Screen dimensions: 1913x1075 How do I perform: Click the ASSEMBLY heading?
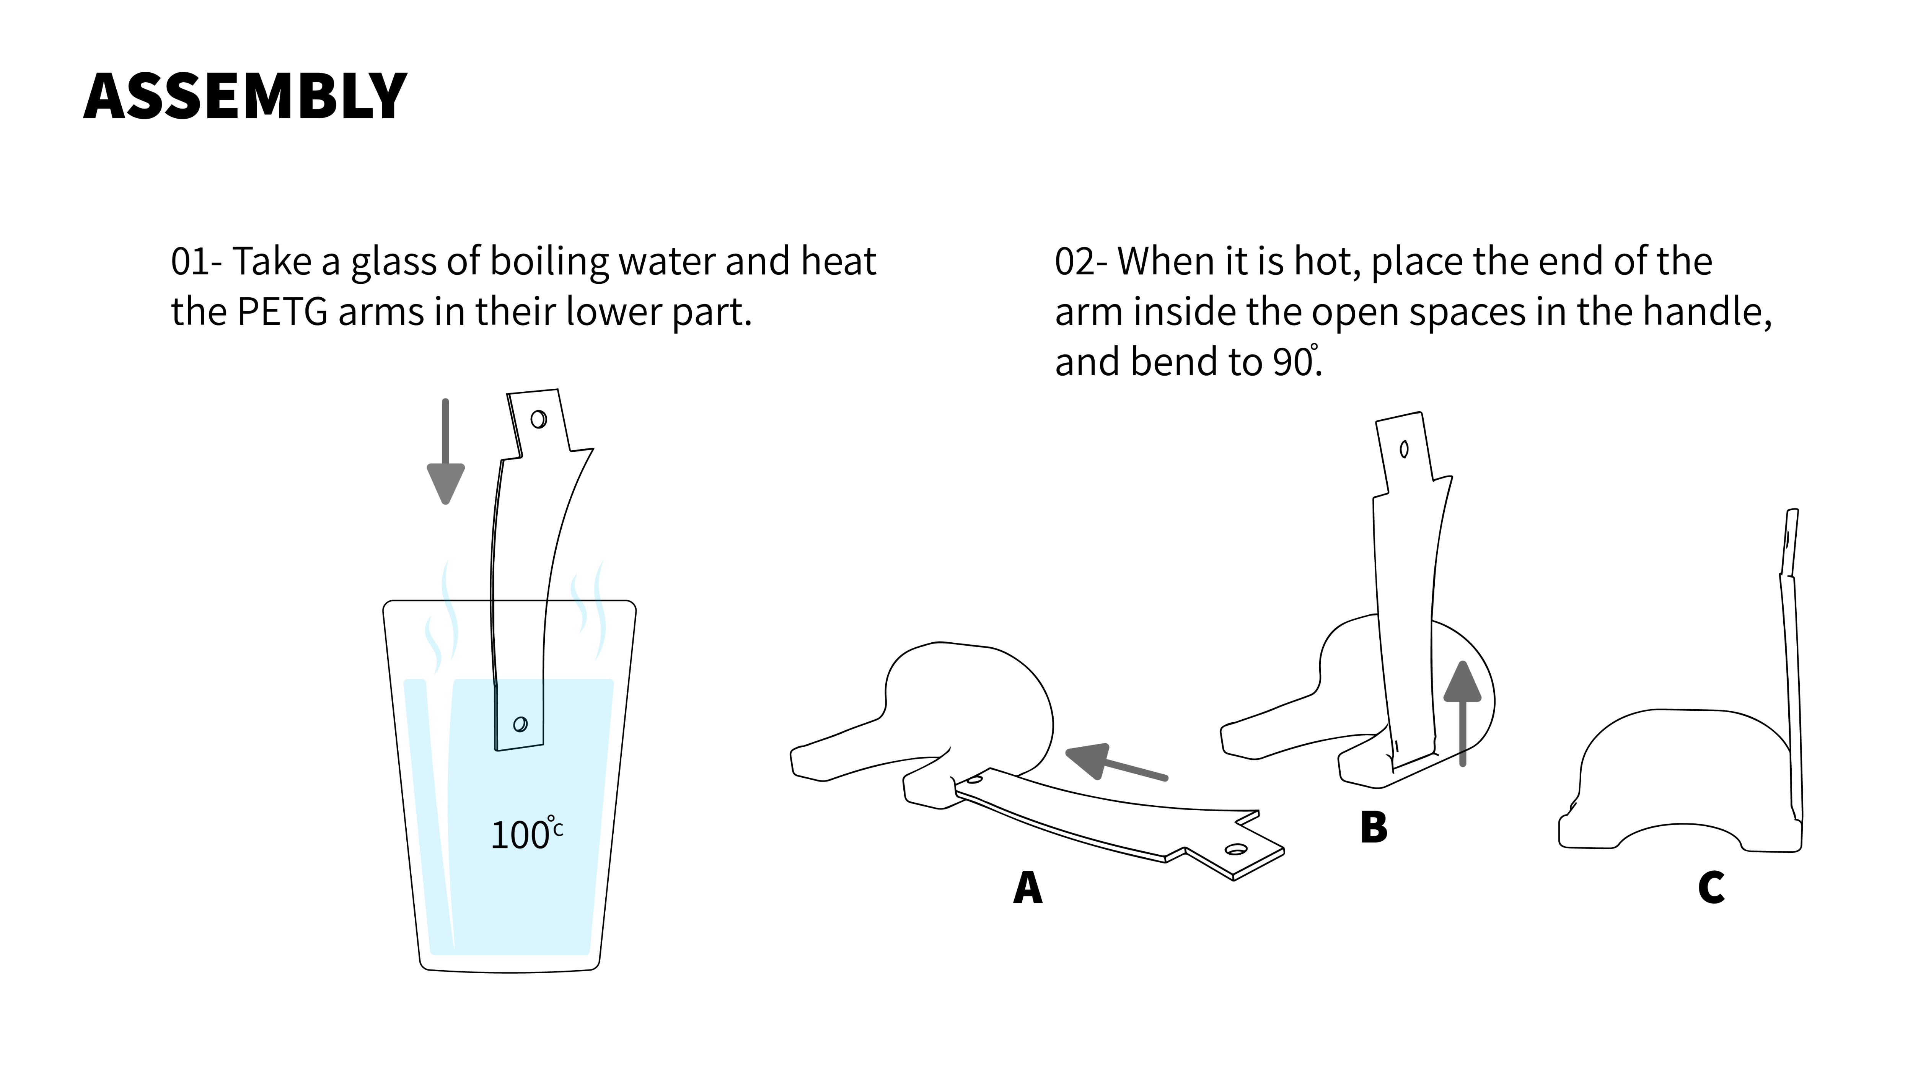[x=245, y=96]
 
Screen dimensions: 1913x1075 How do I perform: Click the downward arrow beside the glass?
[x=446, y=451]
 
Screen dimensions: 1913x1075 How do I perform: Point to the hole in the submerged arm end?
[x=521, y=724]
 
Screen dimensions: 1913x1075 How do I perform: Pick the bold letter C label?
[x=1711, y=887]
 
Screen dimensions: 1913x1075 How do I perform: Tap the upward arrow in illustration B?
[x=1462, y=713]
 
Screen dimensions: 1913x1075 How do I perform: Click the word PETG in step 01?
[x=282, y=312]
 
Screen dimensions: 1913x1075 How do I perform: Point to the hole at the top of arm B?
[x=1403, y=449]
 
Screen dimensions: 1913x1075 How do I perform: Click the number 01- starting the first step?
[x=197, y=262]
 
